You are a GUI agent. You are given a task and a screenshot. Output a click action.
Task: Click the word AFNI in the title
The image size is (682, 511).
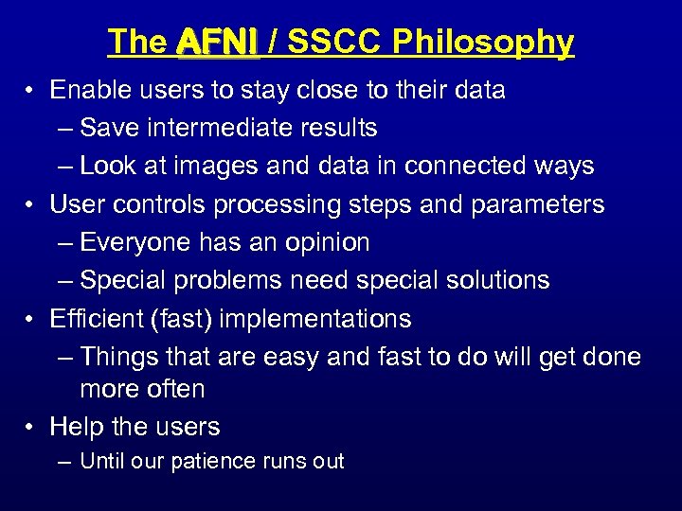[x=217, y=42]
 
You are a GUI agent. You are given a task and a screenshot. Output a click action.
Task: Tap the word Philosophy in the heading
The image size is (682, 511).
[x=483, y=42]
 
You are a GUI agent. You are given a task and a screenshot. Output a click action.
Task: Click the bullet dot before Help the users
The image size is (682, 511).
[x=31, y=428]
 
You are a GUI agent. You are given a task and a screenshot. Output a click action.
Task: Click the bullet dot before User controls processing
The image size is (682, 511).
[x=31, y=205]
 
